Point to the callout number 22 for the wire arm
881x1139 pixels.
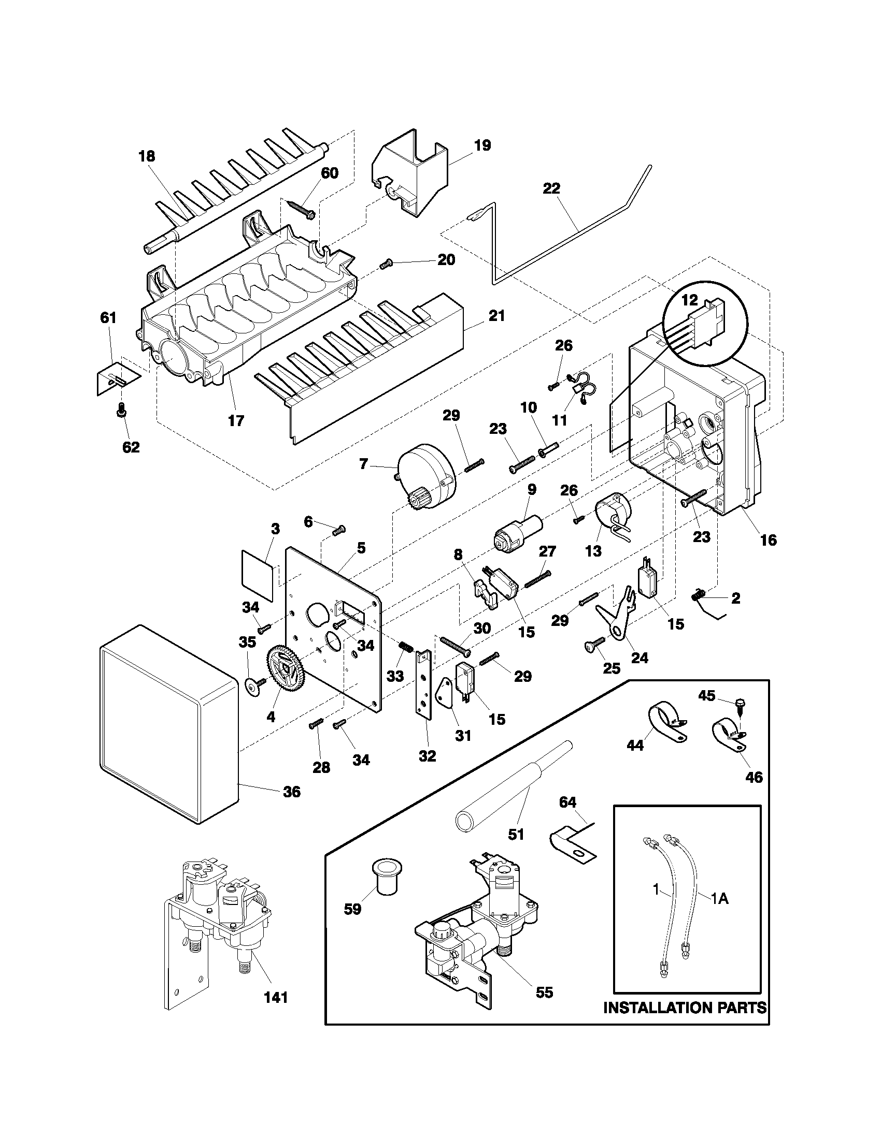[x=551, y=188]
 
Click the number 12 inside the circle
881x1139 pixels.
[x=689, y=300]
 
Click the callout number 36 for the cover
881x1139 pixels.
[x=292, y=792]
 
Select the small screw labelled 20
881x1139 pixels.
[x=387, y=266]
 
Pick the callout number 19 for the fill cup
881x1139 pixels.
[x=483, y=145]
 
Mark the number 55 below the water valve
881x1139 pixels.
[x=544, y=992]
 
